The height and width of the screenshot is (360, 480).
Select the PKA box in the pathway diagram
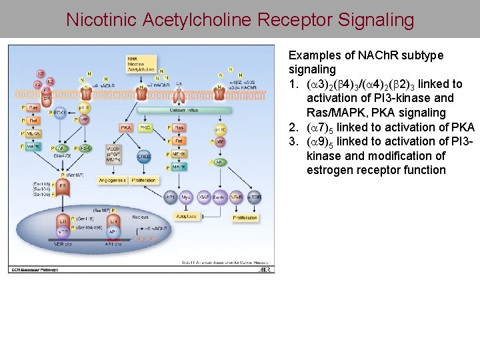click(125, 127)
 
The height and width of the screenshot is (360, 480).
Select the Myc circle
click(187, 197)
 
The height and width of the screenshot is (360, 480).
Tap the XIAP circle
click(203, 197)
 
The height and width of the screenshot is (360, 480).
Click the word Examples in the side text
click(311, 55)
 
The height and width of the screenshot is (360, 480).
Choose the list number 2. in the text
click(293, 127)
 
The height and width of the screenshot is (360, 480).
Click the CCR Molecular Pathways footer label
click(35, 269)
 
